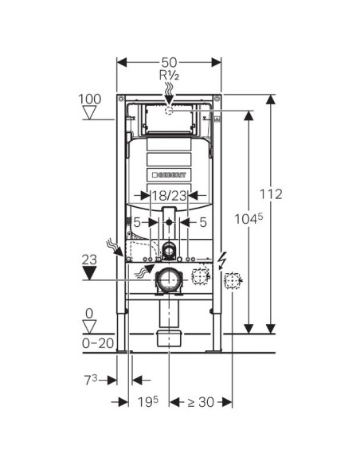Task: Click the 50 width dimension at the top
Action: [x=169, y=63]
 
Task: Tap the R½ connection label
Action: [x=169, y=76]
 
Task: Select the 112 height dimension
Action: [x=271, y=194]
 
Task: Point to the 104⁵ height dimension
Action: [x=248, y=219]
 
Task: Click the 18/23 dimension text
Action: [x=170, y=196]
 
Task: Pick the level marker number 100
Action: [x=89, y=99]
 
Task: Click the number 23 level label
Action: [x=89, y=260]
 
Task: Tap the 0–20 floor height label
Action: [x=98, y=343]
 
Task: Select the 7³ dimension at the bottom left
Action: [x=91, y=380]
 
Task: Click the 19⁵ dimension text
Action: [x=147, y=402]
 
